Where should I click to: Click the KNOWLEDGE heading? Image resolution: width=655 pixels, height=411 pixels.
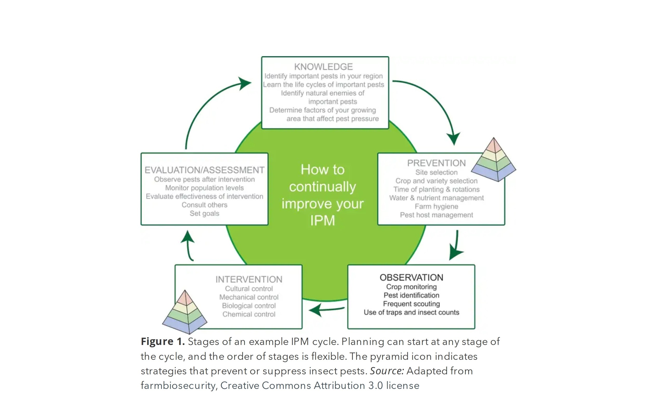tap(323, 67)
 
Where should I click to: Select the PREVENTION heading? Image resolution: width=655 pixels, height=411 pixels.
tap(436, 163)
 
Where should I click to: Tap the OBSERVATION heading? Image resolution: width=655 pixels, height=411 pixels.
tap(411, 278)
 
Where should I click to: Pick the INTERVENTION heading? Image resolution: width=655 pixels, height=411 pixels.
tap(249, 279)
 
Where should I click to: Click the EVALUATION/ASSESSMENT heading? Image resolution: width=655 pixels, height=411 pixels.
tap(204, 170)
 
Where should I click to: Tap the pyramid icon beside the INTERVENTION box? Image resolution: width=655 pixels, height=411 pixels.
tap(185, 312)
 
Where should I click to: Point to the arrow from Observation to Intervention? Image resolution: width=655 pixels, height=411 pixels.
tap(326, 309)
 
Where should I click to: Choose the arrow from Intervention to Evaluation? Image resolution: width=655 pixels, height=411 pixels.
tap(189, 245)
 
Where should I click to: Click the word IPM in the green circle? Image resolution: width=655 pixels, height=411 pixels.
tap(322, 221)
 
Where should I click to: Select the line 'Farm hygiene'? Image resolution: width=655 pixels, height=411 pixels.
tap(436, 207)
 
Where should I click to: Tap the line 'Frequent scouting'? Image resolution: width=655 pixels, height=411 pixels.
tap(411, 304)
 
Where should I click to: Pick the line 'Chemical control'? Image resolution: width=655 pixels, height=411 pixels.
tap(249, 315)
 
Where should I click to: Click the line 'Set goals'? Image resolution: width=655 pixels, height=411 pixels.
tap(204, 214)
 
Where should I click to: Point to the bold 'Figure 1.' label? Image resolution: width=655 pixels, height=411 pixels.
tap(162, 342)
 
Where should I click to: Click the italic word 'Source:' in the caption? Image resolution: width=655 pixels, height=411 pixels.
tap(387, 371)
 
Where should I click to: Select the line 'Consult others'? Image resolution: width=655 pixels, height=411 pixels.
tap(204, 205)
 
